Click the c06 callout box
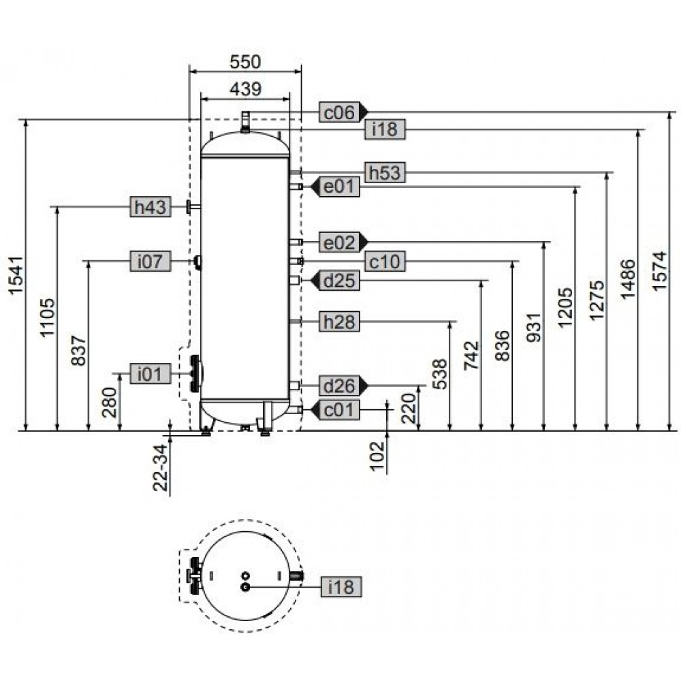(340, 112)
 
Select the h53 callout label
(384, 172)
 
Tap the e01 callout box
(340, 187)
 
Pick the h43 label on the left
(151, 207)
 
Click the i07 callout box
(151, 261)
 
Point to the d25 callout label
(340, 280)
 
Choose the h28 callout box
(340, 321)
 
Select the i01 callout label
(151, 373)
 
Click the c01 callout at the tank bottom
(340, 409)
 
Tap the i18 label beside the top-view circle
(341, 587)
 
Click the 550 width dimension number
(245, 62)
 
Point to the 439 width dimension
(245, 89)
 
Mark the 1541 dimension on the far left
(16, 275)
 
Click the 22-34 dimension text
(160, 467)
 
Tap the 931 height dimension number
(534, 327)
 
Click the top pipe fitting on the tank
(245, 122)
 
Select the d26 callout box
(340, 385)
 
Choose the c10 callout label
(384, 262)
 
